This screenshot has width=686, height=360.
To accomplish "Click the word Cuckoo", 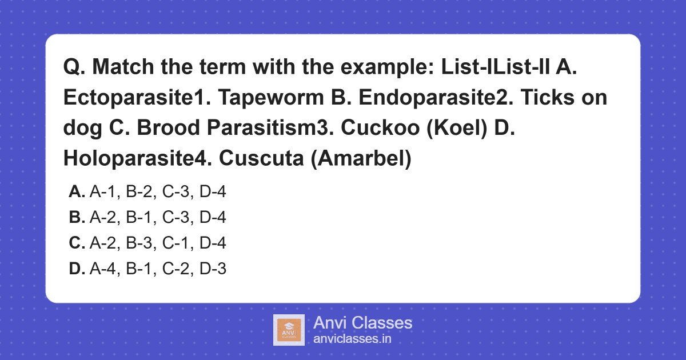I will coord(377,129).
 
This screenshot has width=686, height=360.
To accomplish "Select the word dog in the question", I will coord(81,129).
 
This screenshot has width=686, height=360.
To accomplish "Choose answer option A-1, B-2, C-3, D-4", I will coord(158,192).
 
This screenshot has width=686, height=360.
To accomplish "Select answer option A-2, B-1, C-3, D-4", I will coord(158,218).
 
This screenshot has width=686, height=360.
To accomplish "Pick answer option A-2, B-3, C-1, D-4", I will coord(158,243).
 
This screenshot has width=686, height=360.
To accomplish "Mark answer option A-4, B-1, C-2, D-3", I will coord(158,269).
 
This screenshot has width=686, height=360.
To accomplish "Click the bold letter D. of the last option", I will coord(77,269).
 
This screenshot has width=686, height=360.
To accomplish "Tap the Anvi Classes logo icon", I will coord(289,330).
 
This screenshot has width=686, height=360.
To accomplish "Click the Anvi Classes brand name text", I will coord(362,323).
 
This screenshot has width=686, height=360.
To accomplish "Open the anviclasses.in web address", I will coord(352,339).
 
